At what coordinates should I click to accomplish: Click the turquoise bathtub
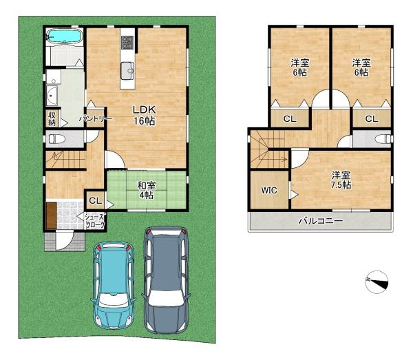point(64,36)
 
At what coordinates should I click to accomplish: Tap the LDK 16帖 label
point(144,116)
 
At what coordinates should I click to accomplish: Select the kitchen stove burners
point(127,43)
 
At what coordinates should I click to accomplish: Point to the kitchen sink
point(127,71)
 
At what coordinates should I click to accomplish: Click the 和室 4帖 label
point(147,191)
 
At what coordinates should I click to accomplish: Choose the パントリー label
point(96,119)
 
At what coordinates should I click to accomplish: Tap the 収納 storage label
point(52,119)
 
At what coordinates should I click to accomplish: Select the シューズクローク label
point(95,221)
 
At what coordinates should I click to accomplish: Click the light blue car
point(114,285)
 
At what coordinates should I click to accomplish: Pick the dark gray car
point(166,279)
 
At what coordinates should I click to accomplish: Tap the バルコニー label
point(321,220)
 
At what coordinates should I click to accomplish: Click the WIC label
point(269,190)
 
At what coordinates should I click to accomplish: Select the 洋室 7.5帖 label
point(341,180)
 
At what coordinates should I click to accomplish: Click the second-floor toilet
point(384,138)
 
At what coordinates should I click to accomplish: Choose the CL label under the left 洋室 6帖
point(290,119)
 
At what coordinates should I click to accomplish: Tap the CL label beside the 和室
point(95,201)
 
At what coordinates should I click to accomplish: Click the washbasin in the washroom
point(52,95)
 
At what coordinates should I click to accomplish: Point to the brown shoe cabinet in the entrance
point(52,215)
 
